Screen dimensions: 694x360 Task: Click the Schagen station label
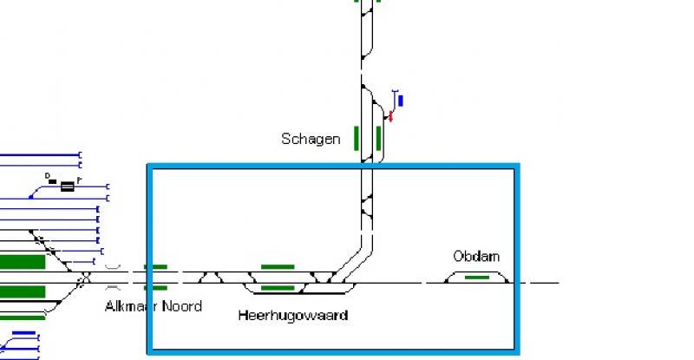(311, 139)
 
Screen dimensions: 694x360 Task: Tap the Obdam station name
(476, 257)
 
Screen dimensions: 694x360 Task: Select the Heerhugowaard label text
(293, 315)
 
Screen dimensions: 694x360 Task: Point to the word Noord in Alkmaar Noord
(182, 306)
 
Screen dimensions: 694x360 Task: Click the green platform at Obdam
(477, 278)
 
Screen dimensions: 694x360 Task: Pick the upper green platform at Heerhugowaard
(278, 267)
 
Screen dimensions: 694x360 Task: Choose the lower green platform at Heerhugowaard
(278, 288)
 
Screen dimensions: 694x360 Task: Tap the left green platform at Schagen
(357, 138)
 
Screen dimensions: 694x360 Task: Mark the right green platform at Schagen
(378, 138)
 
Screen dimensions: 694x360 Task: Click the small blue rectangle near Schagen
(401, 101)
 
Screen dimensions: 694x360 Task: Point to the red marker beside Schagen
(390, 116)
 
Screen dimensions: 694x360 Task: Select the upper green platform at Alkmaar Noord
(156, 267)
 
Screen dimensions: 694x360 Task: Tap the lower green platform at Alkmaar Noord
(156, 288)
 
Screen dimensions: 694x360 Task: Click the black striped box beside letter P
(68, 187)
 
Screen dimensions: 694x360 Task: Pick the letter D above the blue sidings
(48, 176)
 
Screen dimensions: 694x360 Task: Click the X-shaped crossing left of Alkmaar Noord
(84, 278)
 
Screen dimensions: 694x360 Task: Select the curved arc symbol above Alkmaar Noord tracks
(113, 267)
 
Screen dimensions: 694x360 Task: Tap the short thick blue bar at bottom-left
(24, 333)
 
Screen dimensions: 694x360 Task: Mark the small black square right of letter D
(53, 181)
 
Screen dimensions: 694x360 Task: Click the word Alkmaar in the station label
(132, 306)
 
